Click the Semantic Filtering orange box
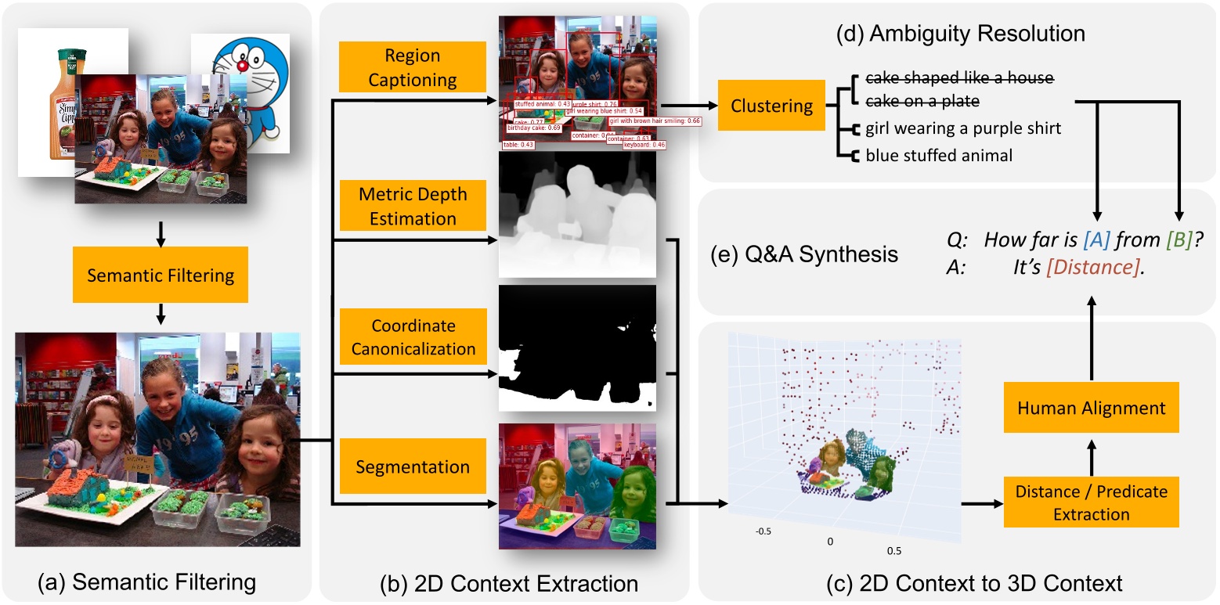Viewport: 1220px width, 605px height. click(x=161, y=275)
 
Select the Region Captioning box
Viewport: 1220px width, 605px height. click(x=412, y=67)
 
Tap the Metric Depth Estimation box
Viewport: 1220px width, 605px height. click(x=412, y=206)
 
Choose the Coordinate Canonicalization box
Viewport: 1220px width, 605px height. click(x=412, y=337)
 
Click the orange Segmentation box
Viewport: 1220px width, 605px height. click(x=412, y=467)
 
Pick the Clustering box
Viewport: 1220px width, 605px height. click(x=771, y=105)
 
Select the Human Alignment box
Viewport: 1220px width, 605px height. click(x=1091, y=408)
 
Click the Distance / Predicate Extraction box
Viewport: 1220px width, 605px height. click(x=1091, y=502)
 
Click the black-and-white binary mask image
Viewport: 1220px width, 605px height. click(x=577, y=348)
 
